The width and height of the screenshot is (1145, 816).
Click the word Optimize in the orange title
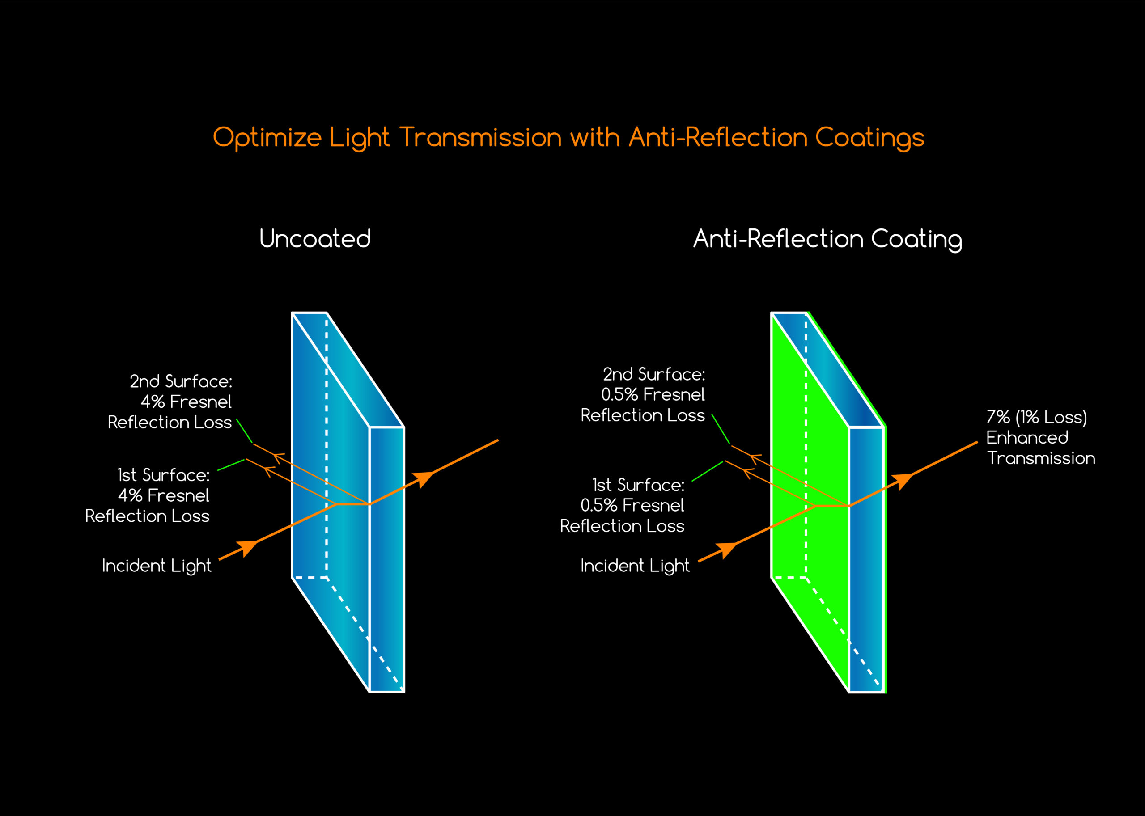[267, 138]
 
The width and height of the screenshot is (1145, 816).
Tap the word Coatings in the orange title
[869, 138]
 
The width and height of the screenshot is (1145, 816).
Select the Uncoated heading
[315, 239]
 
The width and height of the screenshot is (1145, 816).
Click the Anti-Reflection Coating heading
[827, 239]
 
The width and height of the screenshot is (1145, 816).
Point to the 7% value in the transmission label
[998, 418]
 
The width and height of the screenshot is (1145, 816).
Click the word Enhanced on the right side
[1027, 438]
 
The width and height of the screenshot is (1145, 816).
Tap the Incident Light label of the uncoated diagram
[156, 566]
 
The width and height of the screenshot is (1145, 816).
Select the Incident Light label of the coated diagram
[635, 566]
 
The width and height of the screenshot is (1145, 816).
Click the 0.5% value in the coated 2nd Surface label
[619, 395]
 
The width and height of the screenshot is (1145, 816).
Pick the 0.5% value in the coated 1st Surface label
[598, 506]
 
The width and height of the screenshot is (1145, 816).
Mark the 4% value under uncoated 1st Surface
[130, 496]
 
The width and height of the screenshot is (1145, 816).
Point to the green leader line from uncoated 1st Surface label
[231, 465]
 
